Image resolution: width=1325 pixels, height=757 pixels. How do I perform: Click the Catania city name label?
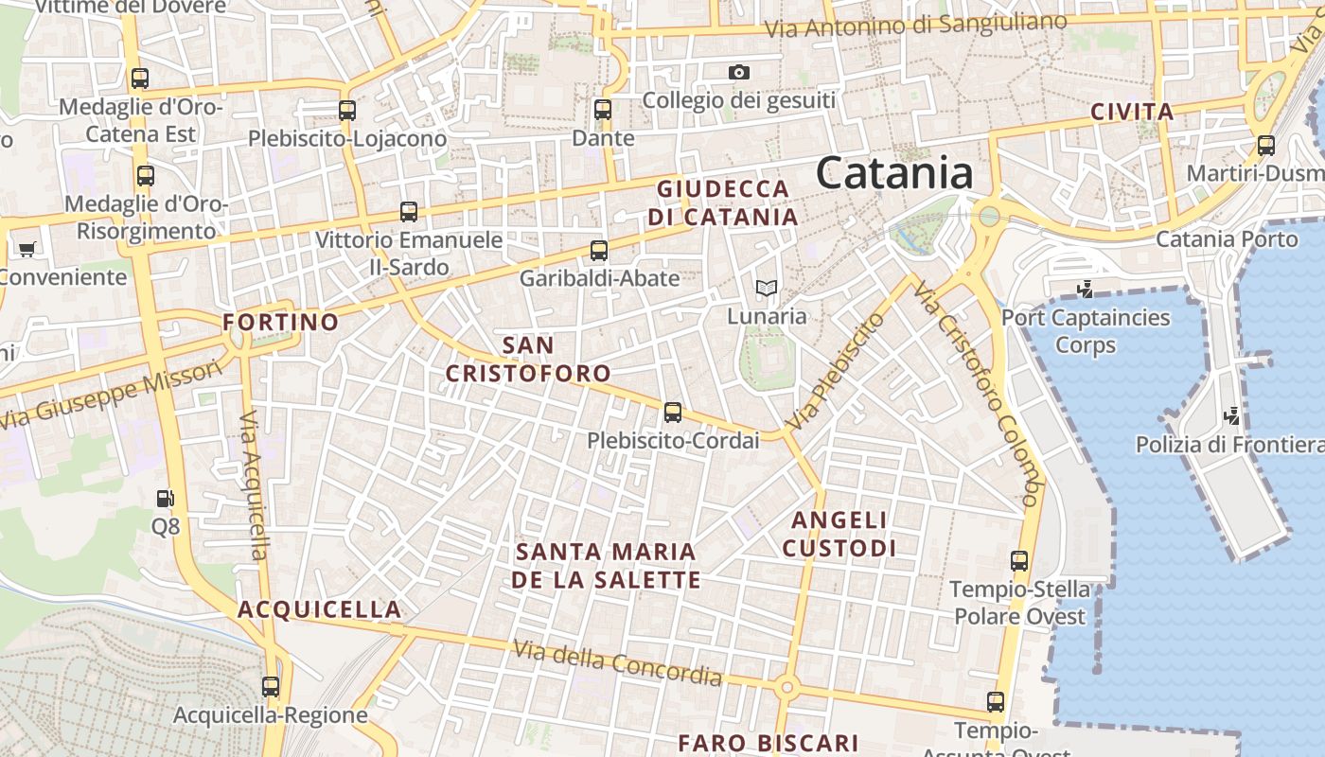(893, 173)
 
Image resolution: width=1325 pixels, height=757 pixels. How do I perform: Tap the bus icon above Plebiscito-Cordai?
(673, 413)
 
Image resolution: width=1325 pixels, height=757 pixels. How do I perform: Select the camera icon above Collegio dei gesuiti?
(739, 73)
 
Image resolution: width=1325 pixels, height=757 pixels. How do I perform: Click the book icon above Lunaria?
(767, 288)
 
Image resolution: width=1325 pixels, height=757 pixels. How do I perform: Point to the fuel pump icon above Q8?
(165, 498)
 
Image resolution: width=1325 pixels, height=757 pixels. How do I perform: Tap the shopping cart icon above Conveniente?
(26, 250)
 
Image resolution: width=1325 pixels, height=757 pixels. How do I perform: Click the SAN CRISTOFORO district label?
(528, 359)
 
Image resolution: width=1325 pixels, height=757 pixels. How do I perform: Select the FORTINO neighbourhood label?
(280, 323)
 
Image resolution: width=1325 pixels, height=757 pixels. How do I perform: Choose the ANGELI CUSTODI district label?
(839, 534)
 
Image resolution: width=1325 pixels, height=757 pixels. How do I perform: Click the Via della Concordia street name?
(617, 662)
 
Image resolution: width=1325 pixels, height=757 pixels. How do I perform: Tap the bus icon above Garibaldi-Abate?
(599, 251)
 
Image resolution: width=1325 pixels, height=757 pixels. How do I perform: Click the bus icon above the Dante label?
(603, 110)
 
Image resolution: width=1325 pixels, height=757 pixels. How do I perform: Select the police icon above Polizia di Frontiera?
(1232, 414)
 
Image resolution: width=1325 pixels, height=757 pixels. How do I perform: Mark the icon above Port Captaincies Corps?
(1086, 289)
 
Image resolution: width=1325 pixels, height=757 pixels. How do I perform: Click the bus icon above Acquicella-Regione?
(271, 687)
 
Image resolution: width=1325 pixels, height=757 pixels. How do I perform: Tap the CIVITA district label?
(1132, 112)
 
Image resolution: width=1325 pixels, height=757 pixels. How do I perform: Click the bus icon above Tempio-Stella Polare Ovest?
(1019, 561)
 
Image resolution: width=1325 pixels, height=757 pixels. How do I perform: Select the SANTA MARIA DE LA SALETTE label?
(607, 565)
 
